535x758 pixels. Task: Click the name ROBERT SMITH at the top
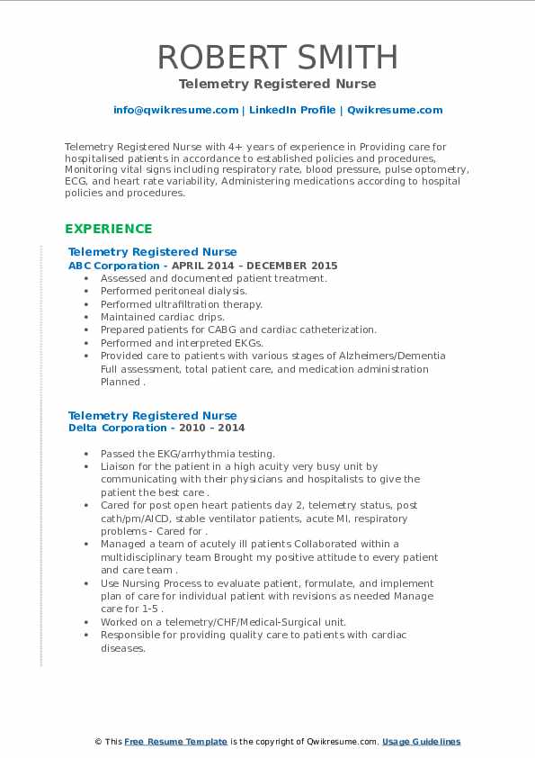point(277,57)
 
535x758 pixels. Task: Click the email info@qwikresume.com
point(175,110)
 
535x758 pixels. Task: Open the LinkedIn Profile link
point(281,110)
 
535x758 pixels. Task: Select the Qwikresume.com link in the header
point(395,110)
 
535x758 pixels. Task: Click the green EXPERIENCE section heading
point(109,229)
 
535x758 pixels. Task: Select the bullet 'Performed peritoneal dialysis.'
point(174,291)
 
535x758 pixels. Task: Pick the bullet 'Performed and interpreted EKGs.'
point(182,343)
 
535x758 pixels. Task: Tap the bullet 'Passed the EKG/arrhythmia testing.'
point(188,454)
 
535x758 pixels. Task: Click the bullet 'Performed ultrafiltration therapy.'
point(182,304)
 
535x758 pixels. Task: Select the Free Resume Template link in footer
point(175,742)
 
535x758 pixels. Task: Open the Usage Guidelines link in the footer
point(421,742)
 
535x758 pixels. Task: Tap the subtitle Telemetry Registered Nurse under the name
point(277,84)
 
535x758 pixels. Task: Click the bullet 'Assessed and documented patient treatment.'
point(214,278)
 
